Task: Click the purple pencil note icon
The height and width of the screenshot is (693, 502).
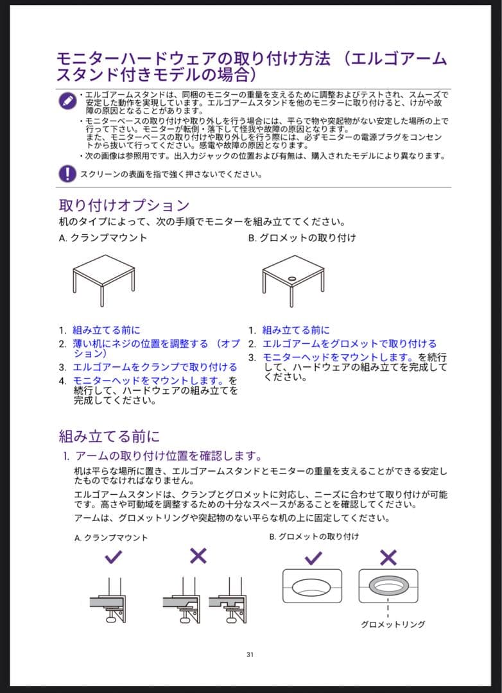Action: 67,101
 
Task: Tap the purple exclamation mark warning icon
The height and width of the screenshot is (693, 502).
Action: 67,173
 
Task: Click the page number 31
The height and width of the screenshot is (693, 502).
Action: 250,654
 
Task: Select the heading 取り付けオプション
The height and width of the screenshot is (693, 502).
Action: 124,205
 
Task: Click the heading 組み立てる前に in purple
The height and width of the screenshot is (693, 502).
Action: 109,436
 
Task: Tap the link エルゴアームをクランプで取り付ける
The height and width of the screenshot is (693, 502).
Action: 155,367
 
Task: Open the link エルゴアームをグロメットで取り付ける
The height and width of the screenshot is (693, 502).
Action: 349,344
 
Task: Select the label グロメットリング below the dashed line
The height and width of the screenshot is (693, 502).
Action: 393,624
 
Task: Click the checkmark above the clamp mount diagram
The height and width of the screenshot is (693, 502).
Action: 113,557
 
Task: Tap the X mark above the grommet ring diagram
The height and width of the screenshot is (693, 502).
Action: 388,557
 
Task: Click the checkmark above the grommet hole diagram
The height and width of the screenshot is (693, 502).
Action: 313,557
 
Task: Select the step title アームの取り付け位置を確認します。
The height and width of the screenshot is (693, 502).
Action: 168,456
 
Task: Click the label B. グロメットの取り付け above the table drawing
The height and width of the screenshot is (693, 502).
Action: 302,237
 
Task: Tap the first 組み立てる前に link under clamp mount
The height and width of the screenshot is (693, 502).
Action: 106,330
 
